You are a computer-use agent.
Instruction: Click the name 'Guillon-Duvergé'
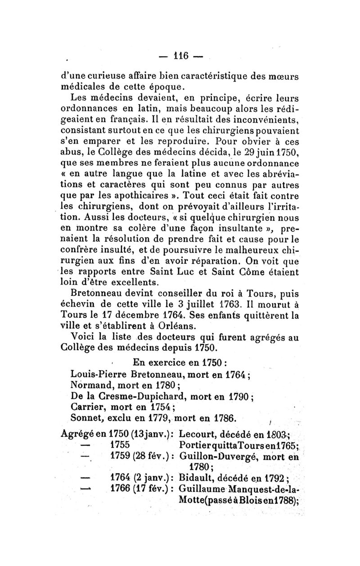pos(213,457)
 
